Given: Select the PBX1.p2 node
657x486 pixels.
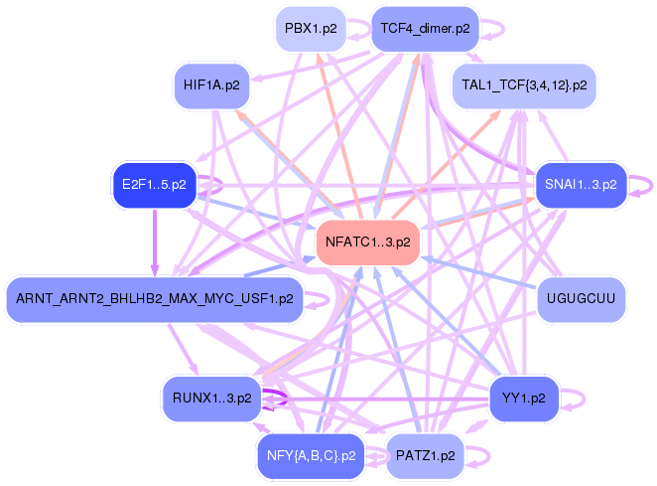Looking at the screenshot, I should point(311,29).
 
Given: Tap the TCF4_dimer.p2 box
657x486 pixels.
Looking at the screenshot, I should point(424,29).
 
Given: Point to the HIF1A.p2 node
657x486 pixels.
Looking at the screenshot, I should point(211,85).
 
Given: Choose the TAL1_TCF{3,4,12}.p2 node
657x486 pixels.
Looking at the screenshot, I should point(524,85).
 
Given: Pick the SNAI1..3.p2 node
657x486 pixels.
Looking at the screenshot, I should point(581,185).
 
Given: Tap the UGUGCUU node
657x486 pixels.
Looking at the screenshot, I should point(582,298).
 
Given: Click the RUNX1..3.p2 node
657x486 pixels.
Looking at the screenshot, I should point(211,398).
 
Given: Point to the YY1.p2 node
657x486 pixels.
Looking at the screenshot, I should point(524,398).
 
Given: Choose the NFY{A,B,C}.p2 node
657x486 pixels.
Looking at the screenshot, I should point(311,456).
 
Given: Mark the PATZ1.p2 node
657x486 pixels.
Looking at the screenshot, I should point(425,456).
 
